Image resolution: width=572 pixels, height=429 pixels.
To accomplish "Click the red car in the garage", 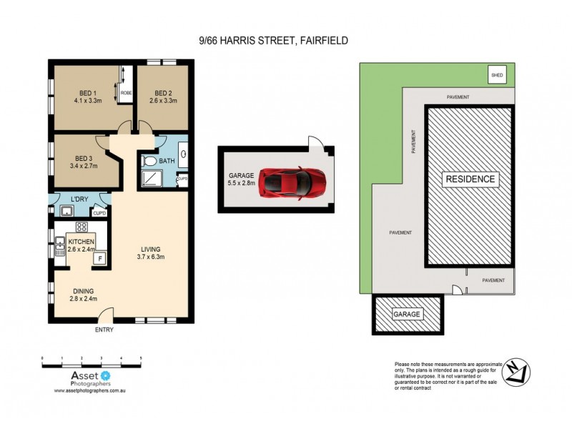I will (x=292, y=182).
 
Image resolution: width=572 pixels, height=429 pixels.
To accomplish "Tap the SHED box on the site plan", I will (x=496, y=74).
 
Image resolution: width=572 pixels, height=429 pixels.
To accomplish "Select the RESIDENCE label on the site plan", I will (x=469, y=179).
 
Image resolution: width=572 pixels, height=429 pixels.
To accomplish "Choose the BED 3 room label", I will (x=82, y=162).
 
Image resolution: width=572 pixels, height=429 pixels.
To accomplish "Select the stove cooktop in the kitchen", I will (x=82, y=227).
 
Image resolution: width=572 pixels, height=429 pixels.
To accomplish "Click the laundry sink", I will (x=66, y=210).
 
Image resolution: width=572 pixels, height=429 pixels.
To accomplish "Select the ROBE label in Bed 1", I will (x=125, y=93).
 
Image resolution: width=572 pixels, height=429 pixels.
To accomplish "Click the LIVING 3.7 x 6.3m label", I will (x=150, y=253).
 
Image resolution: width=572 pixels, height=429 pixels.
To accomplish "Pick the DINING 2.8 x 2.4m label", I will (x=82, y=295).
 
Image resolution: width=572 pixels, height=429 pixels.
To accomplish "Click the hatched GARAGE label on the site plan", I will (x=408, y=315).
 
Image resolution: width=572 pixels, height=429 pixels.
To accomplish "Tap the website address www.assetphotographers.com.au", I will (x=91, y=391).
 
